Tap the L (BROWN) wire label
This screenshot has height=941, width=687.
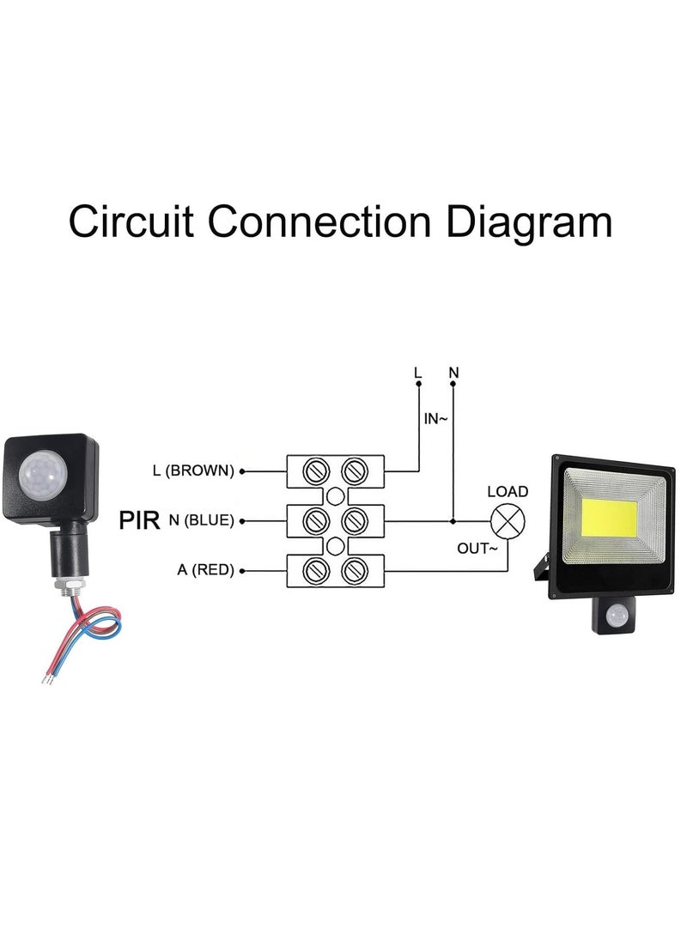tap(192, 470)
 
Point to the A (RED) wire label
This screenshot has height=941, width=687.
tap(205, 570)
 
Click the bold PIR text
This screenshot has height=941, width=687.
tap(140, 520)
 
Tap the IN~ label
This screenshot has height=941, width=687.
tap(435, 420)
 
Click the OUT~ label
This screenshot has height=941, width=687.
tap(477, 548)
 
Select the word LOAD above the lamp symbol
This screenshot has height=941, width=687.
tap(508, 492)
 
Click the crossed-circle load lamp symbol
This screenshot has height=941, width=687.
tap(507, 520)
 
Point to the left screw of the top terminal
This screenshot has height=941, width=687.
tap(317, 470)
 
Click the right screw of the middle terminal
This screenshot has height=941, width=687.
tap(353, 520)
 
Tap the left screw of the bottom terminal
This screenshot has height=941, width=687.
tap(317, 570)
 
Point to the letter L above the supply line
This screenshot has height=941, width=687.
tap(418, 373)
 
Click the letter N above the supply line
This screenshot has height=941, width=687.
tap(453, 373)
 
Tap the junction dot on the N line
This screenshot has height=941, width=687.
tap(453, 520)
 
